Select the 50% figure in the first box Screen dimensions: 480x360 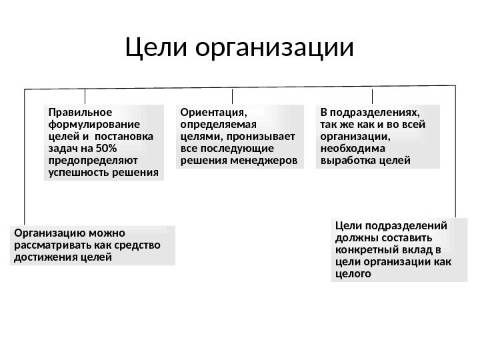(107, 148)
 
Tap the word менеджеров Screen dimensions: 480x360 (267, 161)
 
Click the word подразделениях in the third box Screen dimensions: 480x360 (375, 111)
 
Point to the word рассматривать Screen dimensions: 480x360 (51, 245)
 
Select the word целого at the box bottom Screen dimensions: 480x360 (351, 273)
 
